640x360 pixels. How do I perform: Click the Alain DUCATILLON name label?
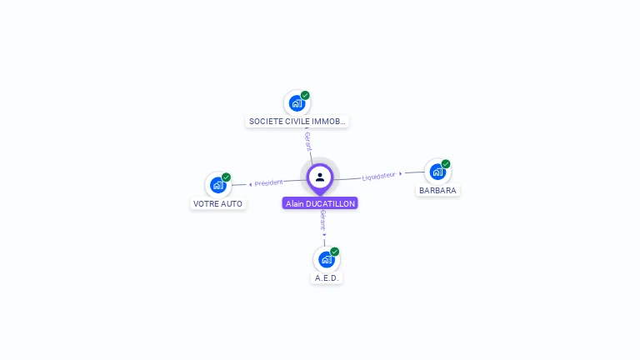click(320, 203)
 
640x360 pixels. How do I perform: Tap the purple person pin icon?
click(320, 177)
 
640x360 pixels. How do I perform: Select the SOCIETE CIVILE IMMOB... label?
click(297, 122)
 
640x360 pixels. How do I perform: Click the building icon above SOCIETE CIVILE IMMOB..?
click(296, 104)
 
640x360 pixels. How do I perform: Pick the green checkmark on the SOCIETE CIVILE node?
click(306, 95)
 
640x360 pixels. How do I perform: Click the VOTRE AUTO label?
click(217, 203)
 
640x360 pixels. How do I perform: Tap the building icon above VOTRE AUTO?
click(217, 185)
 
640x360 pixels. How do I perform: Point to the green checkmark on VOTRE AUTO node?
click(227, 177)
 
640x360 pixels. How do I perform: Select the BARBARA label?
click(437, 190)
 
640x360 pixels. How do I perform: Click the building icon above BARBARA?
click(437, 172)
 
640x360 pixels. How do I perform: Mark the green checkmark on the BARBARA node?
click(446, 164)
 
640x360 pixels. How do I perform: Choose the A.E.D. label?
click(327, 277)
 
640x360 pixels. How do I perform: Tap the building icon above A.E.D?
click(326, 260)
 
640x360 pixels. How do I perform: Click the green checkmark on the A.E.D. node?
click(335, 251)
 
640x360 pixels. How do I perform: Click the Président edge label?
click(269, 182)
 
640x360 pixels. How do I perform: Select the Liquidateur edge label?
click(378, 176)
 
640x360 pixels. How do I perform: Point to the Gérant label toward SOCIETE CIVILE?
click(308, 142)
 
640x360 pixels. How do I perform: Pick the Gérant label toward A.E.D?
click(323, 220)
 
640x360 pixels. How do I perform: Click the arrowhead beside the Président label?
click(251, 184)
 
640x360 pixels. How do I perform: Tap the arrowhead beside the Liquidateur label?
click(401, 173)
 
